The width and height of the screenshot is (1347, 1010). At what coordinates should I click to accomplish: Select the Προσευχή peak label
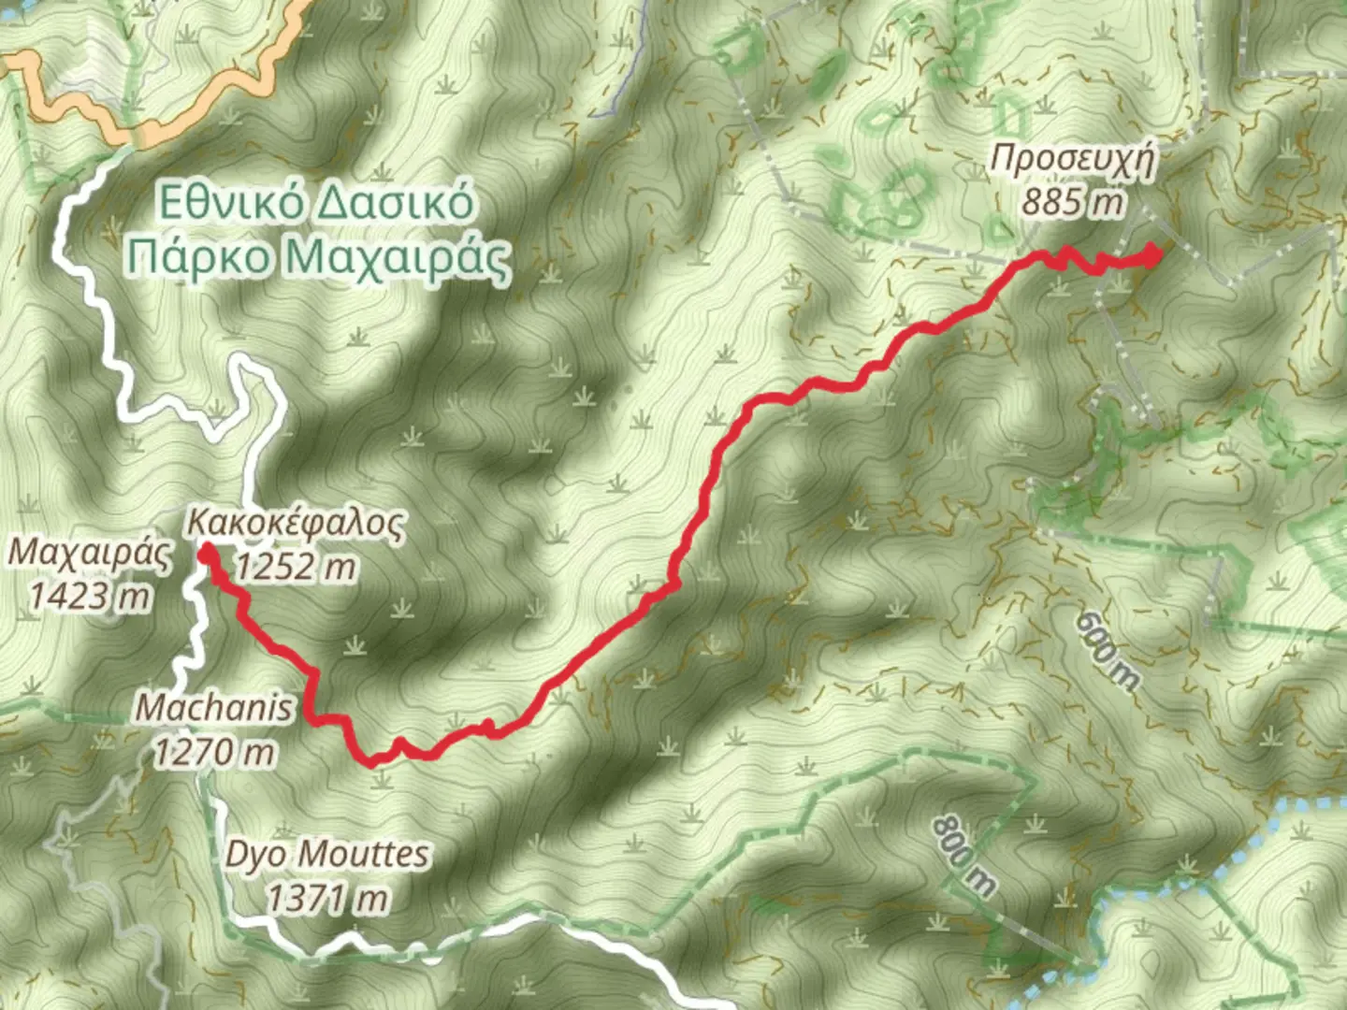1072,159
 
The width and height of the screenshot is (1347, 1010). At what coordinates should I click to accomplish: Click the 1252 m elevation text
296,567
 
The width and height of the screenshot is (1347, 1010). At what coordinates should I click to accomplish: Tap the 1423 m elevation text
90,596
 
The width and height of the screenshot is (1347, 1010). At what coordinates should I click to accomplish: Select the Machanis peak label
214,708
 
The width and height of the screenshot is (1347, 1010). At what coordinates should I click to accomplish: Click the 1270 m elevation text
216,751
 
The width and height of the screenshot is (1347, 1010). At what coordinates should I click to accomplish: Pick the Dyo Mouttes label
327,855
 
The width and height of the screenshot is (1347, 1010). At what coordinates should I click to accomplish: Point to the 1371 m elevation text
327,899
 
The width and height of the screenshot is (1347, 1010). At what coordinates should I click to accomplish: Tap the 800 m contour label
963,855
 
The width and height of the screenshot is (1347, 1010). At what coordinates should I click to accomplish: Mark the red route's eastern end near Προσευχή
1154,252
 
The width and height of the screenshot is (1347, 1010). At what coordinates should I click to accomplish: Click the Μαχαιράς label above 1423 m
90,554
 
